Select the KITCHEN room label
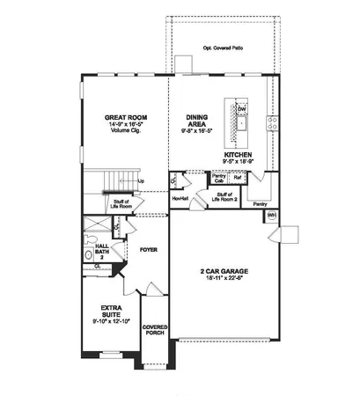tap(239, 154)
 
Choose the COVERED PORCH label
tap(156, 328)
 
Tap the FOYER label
tap(149, 250)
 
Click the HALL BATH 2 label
tap(101, 251)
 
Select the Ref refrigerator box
tap(237, 178)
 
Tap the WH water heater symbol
tap(271, 215)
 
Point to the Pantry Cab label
tap(219, 178)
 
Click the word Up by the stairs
tap(142, 182)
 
